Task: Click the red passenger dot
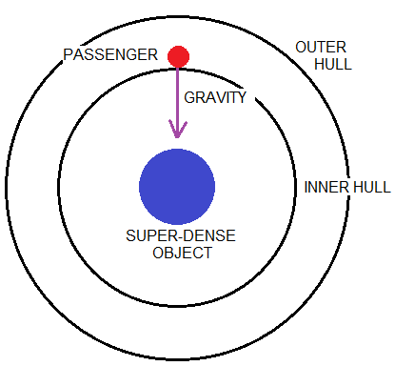point(178,56)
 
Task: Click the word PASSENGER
point(110,55)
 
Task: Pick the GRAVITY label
point(215,97)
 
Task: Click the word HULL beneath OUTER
point(333,65)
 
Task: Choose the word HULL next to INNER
point(371,187)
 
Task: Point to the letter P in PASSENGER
point(69,55)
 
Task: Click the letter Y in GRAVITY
point(242,97)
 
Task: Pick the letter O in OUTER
point(299,48)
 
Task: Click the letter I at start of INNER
point(306,187)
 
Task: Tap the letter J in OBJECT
point(174,254)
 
